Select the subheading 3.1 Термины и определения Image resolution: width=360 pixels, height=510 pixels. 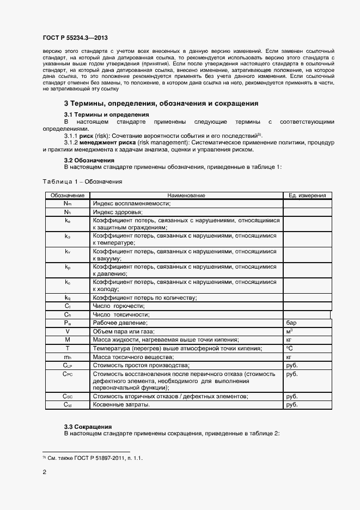pos(106,115)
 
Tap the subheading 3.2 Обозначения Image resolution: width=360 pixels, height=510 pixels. pos(89,161)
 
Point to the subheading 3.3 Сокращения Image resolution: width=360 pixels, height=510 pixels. pos(88,426)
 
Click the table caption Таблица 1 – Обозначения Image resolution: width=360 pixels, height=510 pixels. pos(82,181)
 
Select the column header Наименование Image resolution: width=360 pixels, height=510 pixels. pos(186,195)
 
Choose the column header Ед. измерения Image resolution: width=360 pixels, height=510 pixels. pos(307,195)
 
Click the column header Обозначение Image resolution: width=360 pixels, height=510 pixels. pos(67,195)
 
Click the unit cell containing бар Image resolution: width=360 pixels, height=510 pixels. pos(291,323)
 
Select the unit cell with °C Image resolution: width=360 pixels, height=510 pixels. pos(290,348)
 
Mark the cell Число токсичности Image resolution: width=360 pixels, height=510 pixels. pos(121,314)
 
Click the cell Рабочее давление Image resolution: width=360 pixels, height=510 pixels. pos(120,323)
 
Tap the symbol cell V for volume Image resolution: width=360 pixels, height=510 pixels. pos(67,331)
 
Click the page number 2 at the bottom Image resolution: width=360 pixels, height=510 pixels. pos(44,473)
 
